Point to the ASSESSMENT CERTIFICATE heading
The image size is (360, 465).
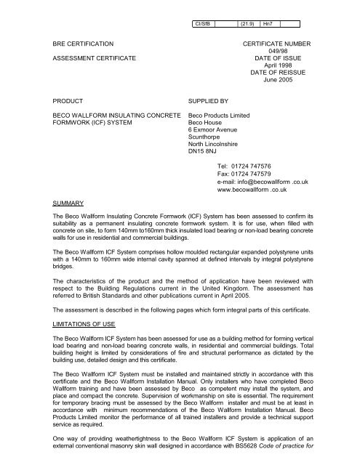coord(91,58)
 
